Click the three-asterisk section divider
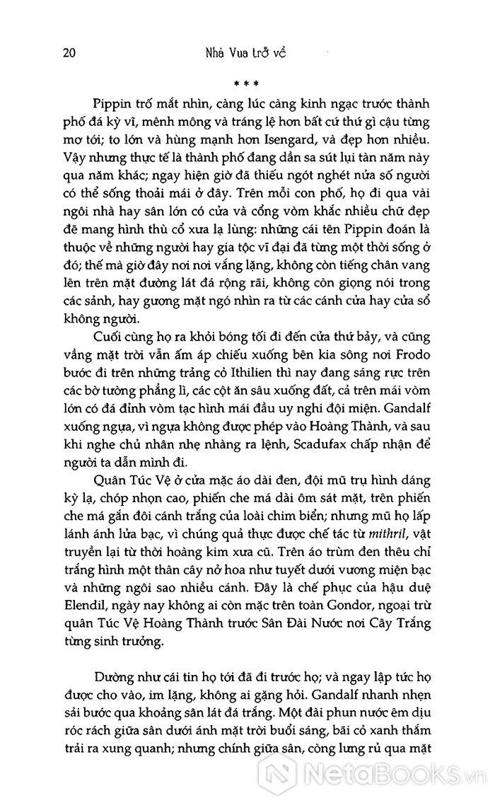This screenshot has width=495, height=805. coord(246,83)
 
